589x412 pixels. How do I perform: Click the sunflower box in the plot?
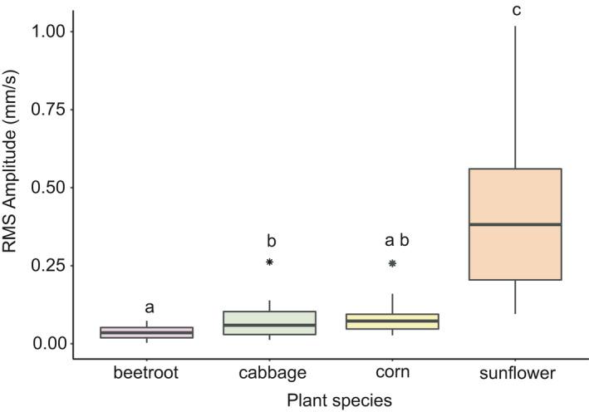tap(515, 249)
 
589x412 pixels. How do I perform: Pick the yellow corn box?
tap(392, 321)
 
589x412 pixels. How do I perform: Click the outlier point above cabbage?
tap(270, 262)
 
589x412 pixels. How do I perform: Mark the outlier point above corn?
tap(392, 262)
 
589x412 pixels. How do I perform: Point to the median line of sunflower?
tap(515, 224)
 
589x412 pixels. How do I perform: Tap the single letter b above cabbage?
tap(271, 241)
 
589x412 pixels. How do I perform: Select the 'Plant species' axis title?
tap(339, 400)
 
